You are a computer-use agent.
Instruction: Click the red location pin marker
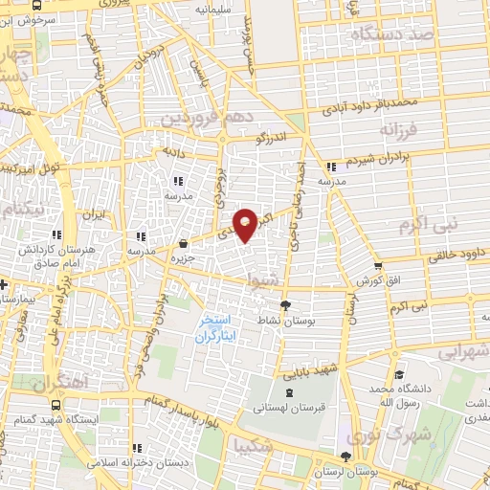coord(246,225)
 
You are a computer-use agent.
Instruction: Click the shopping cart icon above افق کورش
coord(378,267)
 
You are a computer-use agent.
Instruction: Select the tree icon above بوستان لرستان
coord(345,457)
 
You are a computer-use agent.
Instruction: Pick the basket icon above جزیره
coord(183,244)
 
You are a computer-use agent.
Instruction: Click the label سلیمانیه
coord(215,9)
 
